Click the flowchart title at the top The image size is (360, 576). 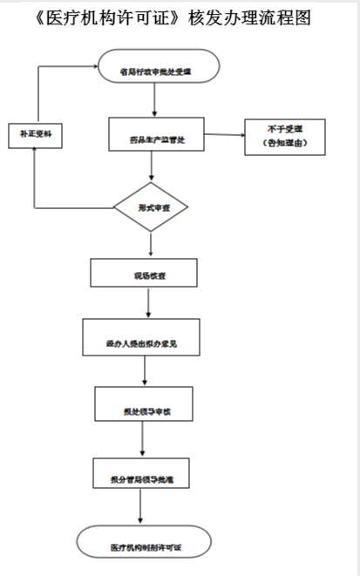[x=180, y=17]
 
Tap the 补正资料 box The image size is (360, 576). [x=34, y=135]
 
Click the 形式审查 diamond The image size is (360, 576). [x=152, y=208]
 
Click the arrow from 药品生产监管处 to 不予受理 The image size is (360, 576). [x=221, y=135]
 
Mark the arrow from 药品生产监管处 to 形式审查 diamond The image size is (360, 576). [x=152, y=169]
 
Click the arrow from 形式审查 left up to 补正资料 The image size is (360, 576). [x=35, y=179]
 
